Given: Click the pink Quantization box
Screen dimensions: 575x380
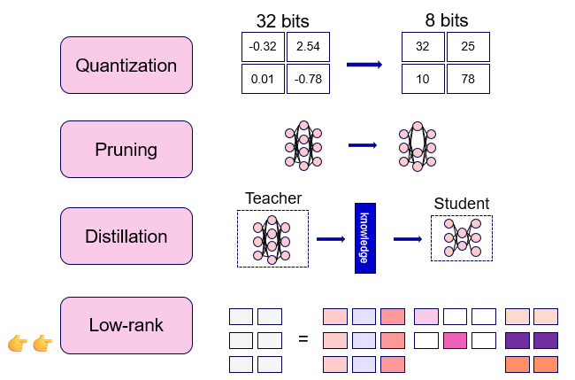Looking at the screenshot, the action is [126, 65].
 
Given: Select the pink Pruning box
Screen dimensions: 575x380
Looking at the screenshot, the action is [126, 150].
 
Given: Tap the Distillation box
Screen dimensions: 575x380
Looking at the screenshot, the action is [126, 237].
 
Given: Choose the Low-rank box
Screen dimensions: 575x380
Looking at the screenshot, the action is [126, 325].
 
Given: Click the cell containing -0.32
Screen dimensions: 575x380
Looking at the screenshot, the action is [263, 47].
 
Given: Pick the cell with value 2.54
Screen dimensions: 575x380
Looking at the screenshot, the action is [308, 47].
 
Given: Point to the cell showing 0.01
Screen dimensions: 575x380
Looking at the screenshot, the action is [263, 79].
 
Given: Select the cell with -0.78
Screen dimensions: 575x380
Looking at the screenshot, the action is [308, 79].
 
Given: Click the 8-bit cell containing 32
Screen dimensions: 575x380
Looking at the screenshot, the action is [423, 47].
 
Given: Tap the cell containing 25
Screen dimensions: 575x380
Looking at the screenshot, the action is [468, 47].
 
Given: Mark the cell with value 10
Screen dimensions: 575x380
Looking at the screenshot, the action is [423, 79].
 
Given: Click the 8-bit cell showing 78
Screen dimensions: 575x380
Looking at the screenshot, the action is [468, 79].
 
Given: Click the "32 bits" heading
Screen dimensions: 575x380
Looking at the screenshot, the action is [283, 21].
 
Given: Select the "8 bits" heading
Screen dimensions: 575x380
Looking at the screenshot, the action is [447, 20].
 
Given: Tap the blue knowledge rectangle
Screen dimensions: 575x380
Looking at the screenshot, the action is [365, 238].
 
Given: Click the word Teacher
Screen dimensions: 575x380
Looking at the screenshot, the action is [273, 198].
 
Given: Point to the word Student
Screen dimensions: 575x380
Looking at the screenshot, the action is [462, 204].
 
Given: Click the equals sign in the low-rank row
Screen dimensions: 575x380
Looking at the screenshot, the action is [303, 338].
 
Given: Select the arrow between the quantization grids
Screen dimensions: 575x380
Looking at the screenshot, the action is [364, 65].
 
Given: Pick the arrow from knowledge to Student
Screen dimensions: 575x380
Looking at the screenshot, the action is [408, 239].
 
